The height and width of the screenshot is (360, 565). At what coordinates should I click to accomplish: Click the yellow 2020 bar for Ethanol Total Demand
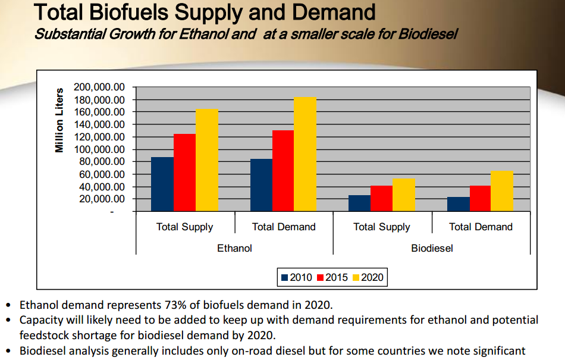[x=305, y=154]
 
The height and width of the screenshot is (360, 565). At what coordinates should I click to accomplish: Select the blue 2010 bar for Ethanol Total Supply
[x=162, y=184]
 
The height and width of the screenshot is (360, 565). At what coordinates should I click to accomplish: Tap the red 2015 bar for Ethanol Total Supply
[x=184, y=173]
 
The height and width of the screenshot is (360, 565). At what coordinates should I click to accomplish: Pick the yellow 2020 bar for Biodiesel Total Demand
[x=502, y=191]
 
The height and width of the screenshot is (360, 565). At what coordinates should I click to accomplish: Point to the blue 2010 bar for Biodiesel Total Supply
[x=359, y=204]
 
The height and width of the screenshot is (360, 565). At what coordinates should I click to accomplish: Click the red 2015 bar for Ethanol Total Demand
[x=283, y=171]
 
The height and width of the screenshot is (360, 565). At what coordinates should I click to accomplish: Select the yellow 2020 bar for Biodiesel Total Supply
[x=404, y=195]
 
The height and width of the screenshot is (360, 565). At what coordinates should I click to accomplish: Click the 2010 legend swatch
[x=285, y=277]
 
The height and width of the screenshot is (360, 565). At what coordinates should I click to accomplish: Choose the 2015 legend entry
[x=332, y=277]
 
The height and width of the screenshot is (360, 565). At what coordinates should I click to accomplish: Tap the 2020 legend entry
[x=368, y=277]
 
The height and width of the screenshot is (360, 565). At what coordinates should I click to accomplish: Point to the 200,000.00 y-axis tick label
[x=99, y=87]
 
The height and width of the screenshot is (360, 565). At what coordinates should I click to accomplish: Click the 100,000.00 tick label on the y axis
[x=99, y=149]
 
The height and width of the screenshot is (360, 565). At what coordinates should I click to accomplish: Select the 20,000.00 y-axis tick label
[x=102, y=199]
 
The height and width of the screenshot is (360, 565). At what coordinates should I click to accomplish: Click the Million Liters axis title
[x=59, y=120]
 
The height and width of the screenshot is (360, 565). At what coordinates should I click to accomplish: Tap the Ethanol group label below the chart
[x=234, y=248]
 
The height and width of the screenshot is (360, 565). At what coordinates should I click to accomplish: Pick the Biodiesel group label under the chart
[x=432, y=248]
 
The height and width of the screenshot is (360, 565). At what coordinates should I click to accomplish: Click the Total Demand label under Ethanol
[x=284, y=227]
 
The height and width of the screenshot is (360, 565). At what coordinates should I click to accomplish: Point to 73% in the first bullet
[x=175, y=305]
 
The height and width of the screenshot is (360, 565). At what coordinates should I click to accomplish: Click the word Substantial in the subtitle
[x=70, y=35]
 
